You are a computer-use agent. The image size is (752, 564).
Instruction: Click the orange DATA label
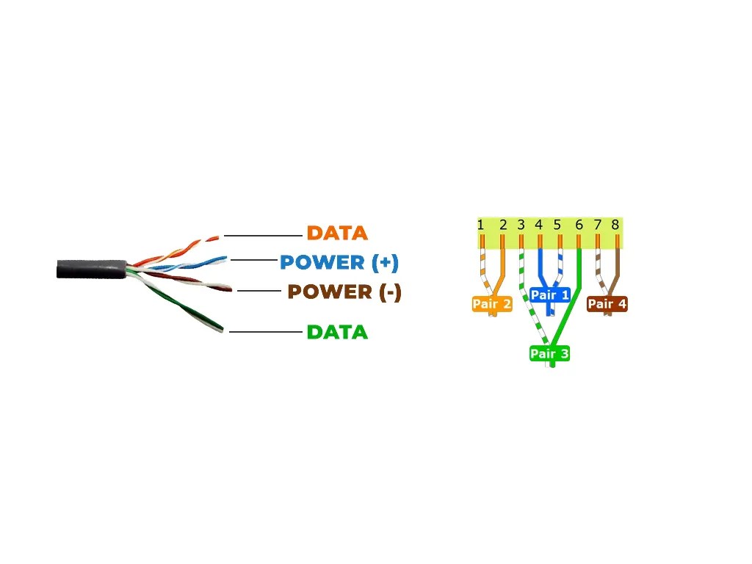point(337,234)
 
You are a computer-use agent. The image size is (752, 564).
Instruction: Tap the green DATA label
point(337,332)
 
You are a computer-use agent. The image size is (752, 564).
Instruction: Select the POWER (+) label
point(339,262)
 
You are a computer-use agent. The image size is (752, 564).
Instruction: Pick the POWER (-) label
point(344,292)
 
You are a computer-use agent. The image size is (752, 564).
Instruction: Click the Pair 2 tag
point(491,304)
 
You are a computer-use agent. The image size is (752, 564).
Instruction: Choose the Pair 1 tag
point(549,295)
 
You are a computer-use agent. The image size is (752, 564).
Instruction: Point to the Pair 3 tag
point(550,354)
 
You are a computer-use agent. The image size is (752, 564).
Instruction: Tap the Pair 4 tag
point(607,304)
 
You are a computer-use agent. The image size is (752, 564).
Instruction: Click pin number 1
point(480,225)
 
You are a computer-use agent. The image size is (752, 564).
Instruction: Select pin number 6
point(579,225)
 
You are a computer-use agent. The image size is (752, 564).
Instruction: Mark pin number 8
point(615,225)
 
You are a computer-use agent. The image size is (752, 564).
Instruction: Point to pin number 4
point(539,225)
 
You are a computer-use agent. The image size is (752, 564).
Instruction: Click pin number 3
point(521,225)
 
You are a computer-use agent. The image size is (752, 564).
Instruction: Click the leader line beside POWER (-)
point(259,292)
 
